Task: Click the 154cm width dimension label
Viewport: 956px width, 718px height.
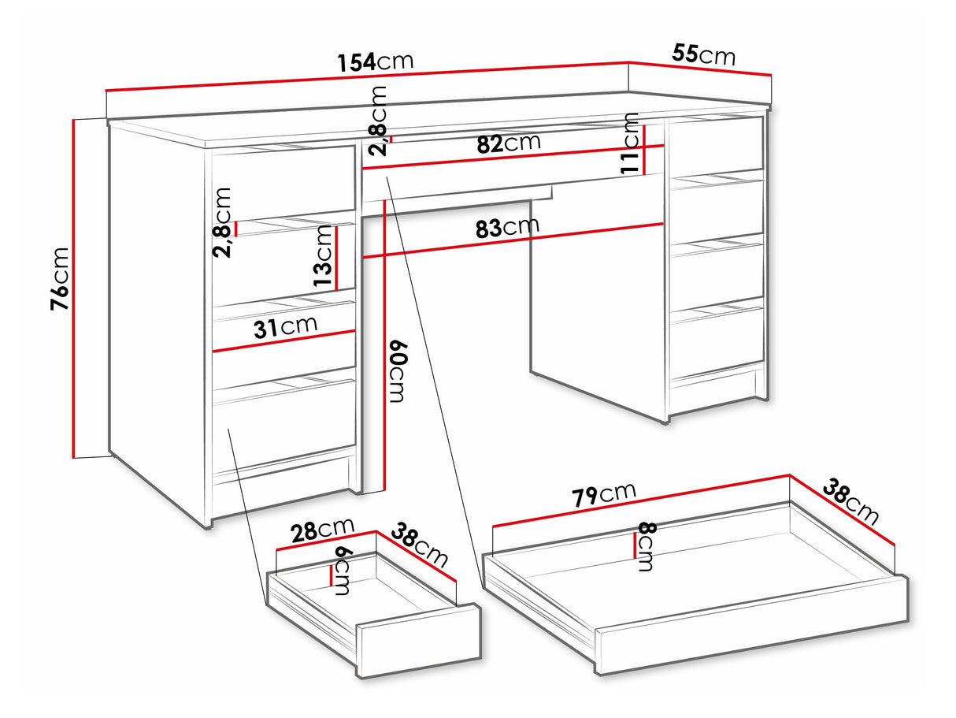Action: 376,62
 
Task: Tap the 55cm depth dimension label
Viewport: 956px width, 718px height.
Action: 703,54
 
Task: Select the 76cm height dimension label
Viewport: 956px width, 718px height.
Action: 60,278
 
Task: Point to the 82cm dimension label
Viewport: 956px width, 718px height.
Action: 509,143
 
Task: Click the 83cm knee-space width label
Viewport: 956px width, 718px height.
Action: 507,227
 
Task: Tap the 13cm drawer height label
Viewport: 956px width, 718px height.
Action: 324,255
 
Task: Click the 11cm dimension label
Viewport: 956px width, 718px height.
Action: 630,143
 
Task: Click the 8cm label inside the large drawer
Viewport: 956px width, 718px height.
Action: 647,547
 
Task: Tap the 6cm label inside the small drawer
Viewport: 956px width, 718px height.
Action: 343,571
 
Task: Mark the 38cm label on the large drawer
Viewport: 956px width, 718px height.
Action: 850,501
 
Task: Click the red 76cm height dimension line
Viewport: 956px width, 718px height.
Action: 73,288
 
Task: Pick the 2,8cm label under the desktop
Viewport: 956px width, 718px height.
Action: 377,121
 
